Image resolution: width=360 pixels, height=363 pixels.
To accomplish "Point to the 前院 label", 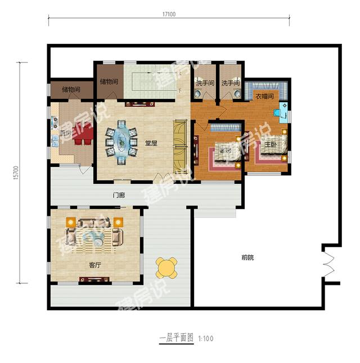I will click(247, 257).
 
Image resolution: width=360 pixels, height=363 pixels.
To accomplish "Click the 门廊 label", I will click(118, 196).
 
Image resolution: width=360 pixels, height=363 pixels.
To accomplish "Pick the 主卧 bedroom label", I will click(271, 144).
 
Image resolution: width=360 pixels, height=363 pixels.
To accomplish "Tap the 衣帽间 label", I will click(264, 97).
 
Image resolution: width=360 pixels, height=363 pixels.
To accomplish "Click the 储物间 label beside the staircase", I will click(109, 81).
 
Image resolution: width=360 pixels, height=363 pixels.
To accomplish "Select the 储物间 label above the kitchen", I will click(70, 89).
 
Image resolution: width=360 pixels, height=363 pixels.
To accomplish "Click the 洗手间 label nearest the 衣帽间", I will click(230, 83).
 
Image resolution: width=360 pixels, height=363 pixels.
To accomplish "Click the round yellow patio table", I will click(167, 267).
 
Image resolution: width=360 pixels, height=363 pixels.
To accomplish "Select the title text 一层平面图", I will click(176, 338).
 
